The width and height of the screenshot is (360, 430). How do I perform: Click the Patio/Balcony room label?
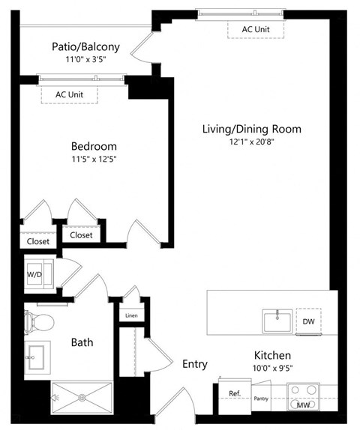pyautogui.click(x=83, y=46)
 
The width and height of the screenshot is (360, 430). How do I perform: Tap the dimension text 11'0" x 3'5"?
pyautogui.click(x=83, y=59)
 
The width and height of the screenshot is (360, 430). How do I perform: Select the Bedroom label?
pyautogui.click(x=94, y=145)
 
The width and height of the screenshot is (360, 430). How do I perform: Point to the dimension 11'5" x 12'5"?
pyautogui.click(x=94, y=159)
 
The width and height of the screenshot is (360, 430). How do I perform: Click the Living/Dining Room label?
pyautogui.click(x=251, y=129)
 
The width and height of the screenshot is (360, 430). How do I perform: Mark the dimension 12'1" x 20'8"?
pyautogui.click(x=251, y=142)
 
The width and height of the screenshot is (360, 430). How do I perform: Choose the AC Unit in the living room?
pyautogui.click(x=257, y=29)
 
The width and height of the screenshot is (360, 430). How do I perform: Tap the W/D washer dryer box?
pyautogui.click(x=36, y=274)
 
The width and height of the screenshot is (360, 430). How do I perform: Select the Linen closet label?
pyautogui.click(x=131, y=315)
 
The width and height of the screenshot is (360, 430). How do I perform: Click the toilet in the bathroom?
pyautogui.click(x=39, y=323)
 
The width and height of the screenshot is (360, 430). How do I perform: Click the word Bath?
pyautogui.click(x=82, y=342)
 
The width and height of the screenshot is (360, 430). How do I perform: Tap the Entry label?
pyautogui.click(x=194, y=363)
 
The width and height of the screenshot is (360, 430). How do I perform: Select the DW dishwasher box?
pyautogui.click(x=308, y=321)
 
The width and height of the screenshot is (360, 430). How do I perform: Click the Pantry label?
pyautogui.click(x=261, y=399)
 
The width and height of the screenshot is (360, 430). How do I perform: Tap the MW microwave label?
pyautogui.click(x=302, y=405)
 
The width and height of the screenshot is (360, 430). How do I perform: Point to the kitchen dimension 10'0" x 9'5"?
pyautogui.click(x=271, y=367)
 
